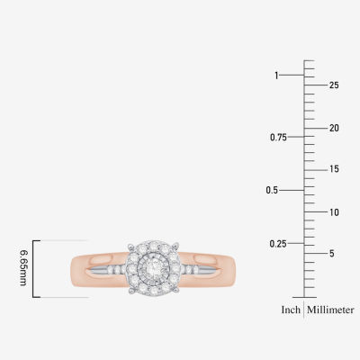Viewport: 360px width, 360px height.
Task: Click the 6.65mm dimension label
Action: point(23,267)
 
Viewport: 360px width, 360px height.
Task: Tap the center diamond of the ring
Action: point(153,266)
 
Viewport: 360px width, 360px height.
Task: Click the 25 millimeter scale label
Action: point(334,85)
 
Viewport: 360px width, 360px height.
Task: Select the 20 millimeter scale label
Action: point(334,128)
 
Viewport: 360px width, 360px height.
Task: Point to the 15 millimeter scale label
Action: point(334,169)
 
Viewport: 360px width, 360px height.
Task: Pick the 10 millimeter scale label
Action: point(334,212)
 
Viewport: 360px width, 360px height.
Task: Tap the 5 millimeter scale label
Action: point(331,254)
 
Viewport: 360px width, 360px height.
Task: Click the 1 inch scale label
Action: point(276,76)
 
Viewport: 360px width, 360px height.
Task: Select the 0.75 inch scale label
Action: point(278,138)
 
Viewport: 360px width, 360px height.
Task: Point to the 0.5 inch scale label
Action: point(272,190)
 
